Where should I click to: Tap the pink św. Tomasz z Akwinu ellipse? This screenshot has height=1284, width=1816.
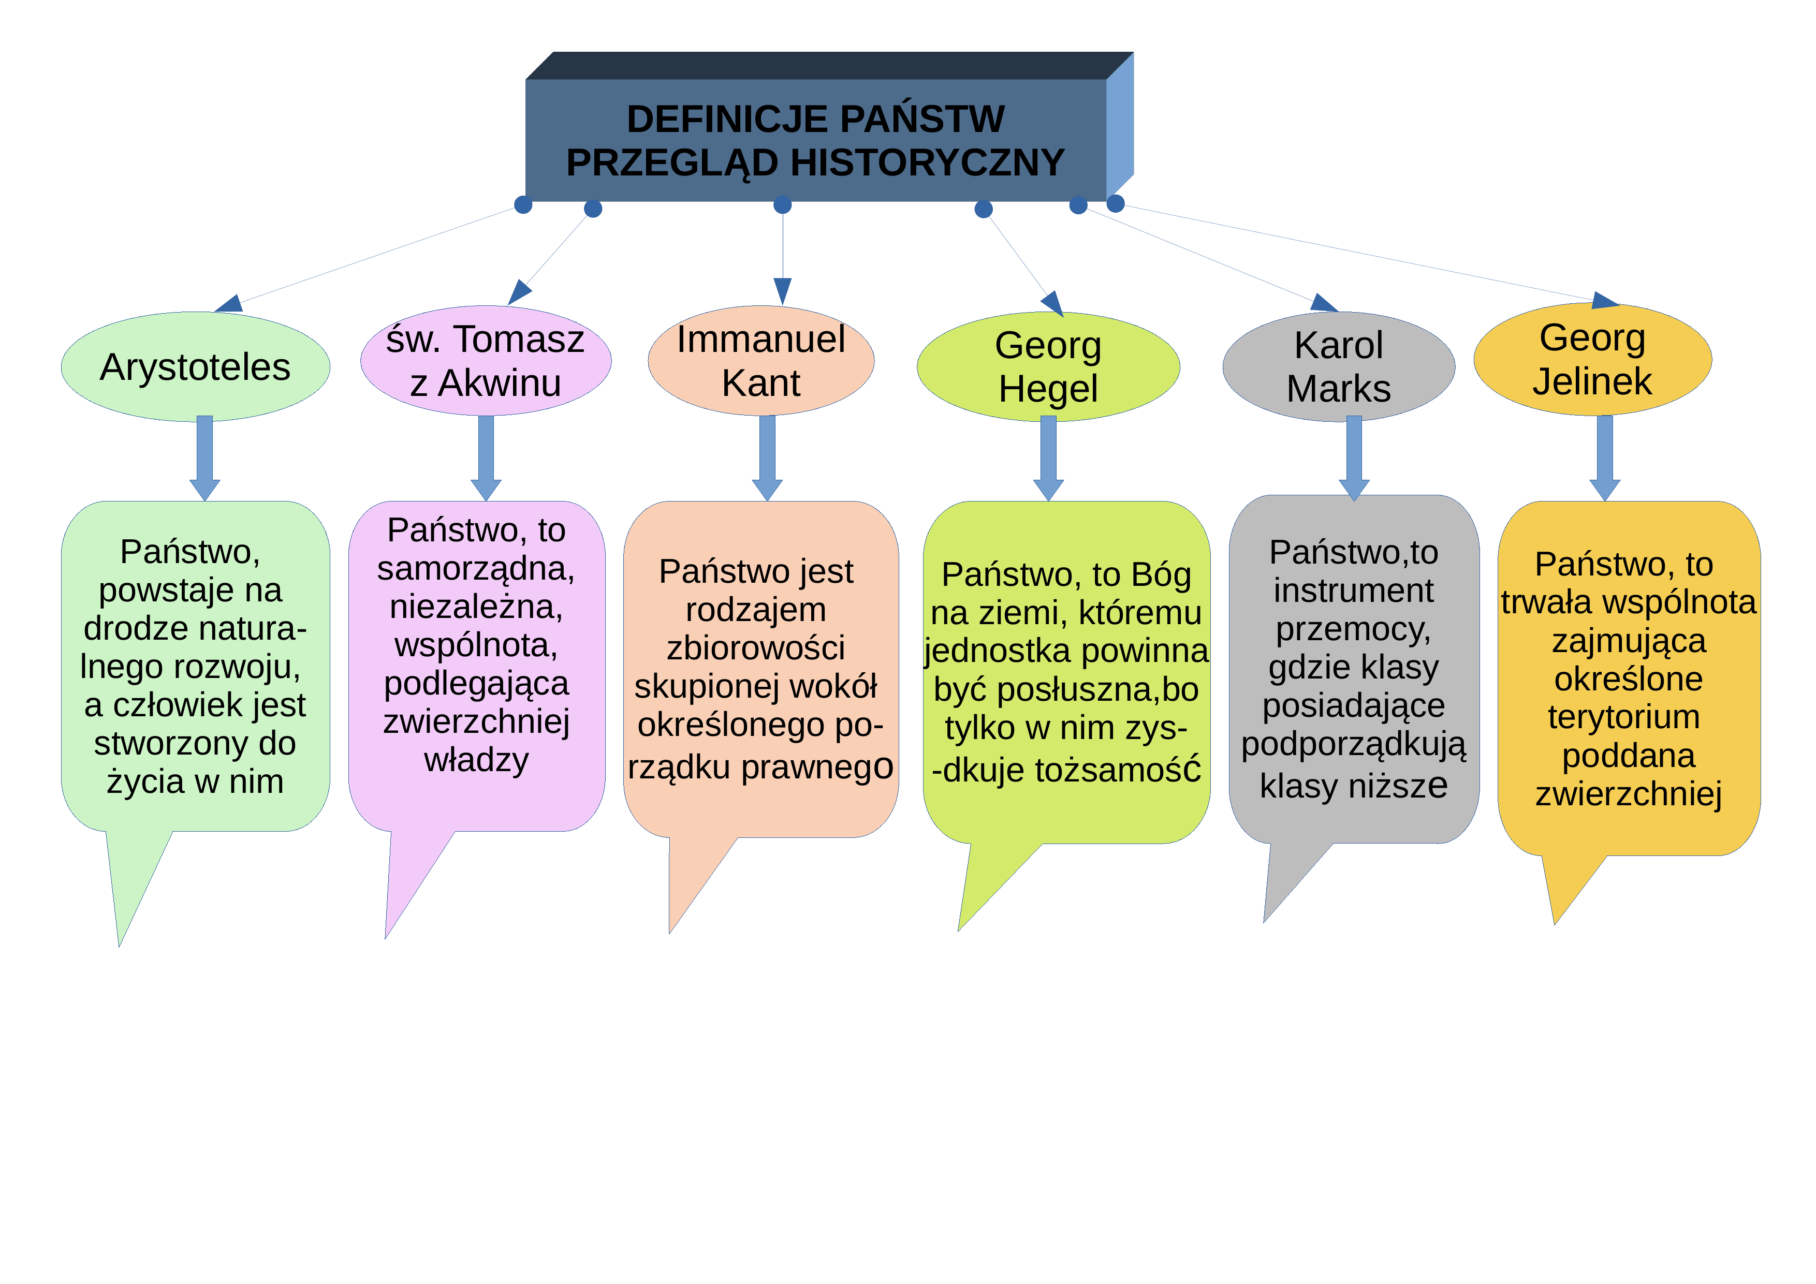click(x=486, y=361)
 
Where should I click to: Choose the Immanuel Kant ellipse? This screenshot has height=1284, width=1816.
click(x=761, y=361)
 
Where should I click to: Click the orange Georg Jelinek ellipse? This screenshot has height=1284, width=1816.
click(x=1592, y=359)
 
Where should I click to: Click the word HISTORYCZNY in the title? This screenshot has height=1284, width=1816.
click(x=927, y=163)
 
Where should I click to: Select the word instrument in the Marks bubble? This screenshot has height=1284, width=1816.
click(x=1353, y=590)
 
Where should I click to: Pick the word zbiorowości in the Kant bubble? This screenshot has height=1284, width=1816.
click(x=755, y=647)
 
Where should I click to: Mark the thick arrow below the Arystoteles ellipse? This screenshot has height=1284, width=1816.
click(x=205, y=458)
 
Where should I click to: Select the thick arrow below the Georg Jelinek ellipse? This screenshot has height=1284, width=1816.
click(x=1605, y=458)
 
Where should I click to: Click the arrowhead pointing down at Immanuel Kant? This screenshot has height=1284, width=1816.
click(x=782, y=291)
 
